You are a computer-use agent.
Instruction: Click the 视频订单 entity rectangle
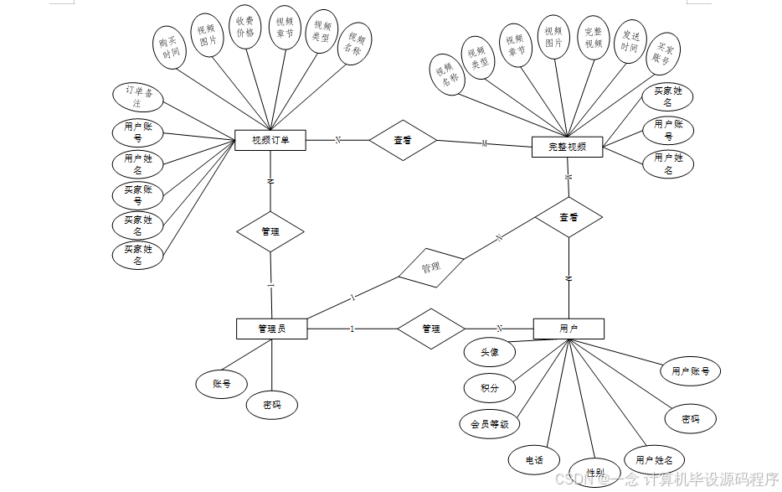pos(270,141)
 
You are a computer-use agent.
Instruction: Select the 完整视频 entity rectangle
pos(567,147)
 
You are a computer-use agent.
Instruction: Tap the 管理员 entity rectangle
pos(271,329)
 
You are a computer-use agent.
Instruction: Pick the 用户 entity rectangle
pos(568,329)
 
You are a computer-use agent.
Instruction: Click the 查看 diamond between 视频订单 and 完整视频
pos(403,141)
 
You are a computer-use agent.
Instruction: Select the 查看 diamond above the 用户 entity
pos(568,217)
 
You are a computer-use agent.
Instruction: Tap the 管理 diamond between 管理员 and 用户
pos(430,329)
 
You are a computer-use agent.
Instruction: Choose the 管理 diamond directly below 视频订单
pos(270,231)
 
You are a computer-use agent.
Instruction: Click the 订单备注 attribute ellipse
pos(138,96)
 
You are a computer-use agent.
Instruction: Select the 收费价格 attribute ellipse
pos(244,28)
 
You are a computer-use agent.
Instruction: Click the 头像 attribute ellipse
pos(490,353)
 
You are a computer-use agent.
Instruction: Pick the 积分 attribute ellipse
pos(490,388)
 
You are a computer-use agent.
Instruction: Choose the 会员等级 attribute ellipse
pos(490,424)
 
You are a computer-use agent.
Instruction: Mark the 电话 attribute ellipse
pos(534,459)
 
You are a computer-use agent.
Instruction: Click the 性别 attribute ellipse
pos(594,472)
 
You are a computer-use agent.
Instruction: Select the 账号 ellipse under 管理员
pos(222,384)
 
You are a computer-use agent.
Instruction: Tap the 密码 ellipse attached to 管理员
pos(272,406)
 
